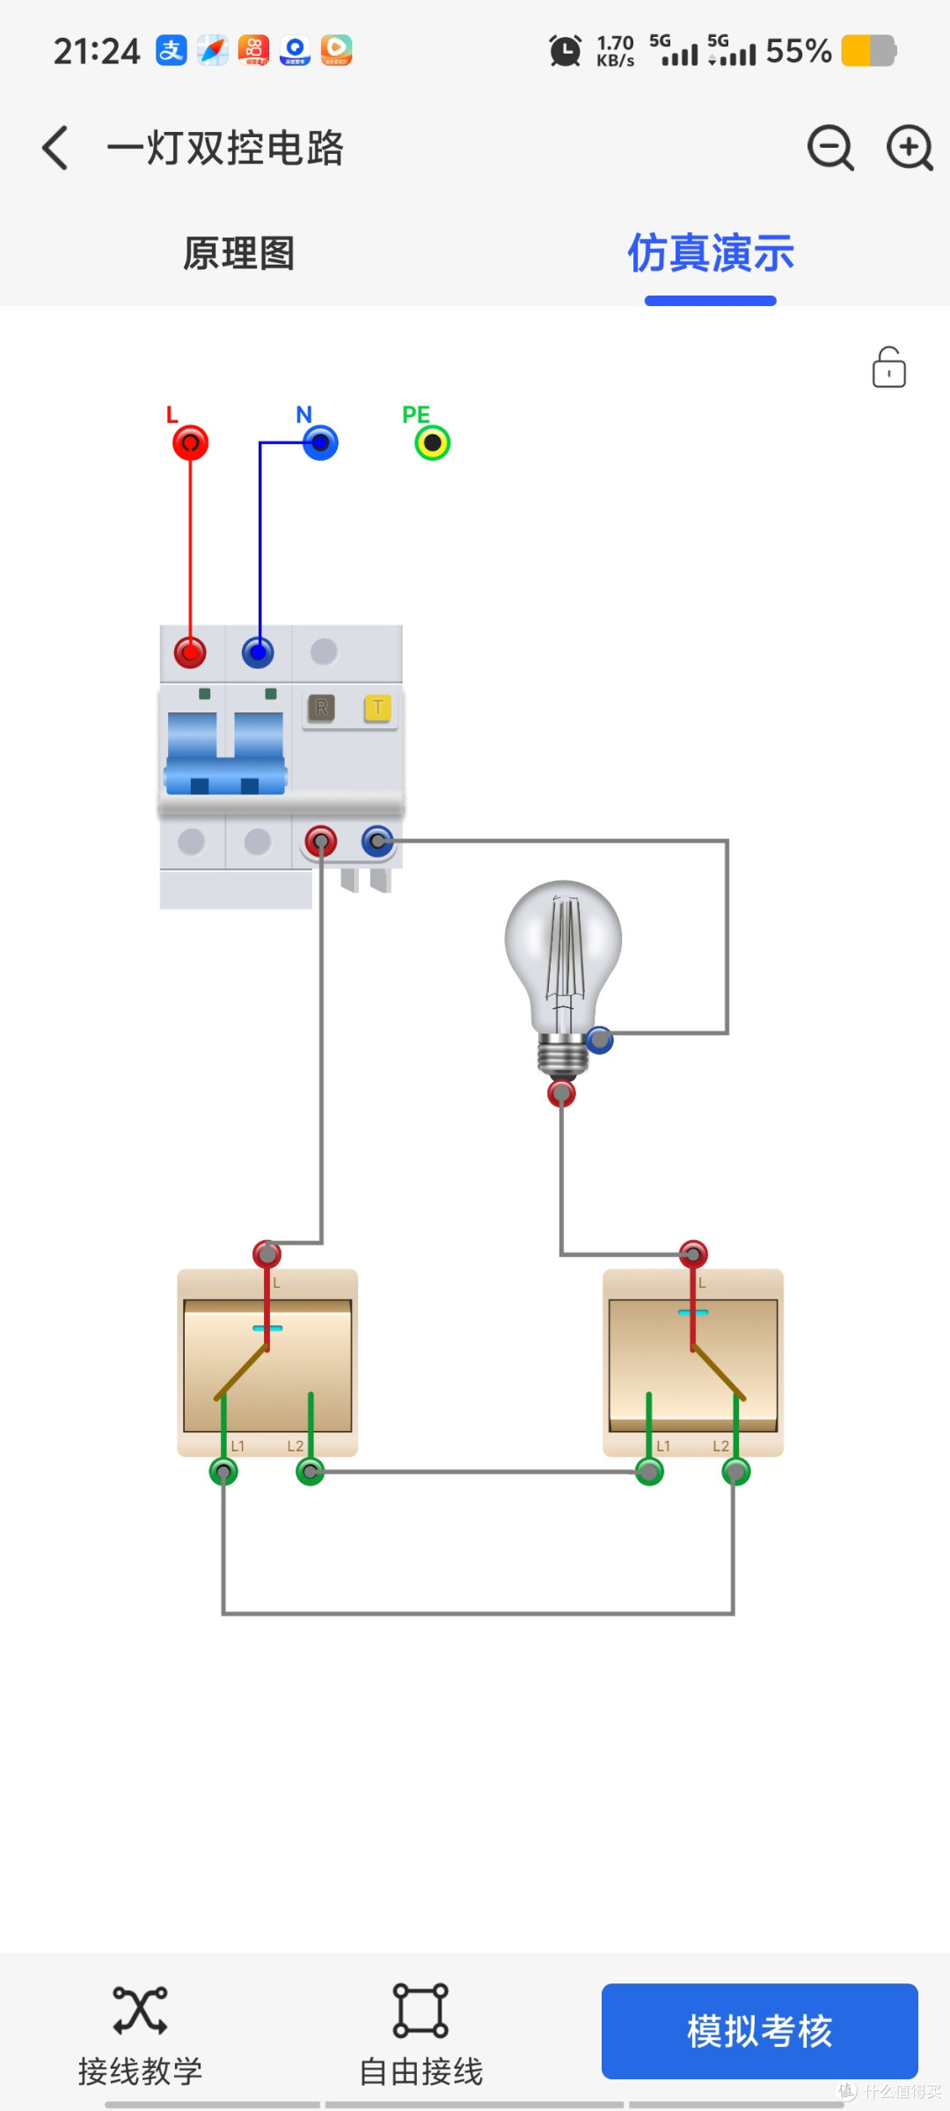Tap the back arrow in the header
tap(55, 147)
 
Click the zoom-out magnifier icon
tap(830, 147)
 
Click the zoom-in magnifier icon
tap(910, 147)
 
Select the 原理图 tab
tap(238, 253)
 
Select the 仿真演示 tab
tap(711, 253)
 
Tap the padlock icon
tap(889, 367)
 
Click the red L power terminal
tap(190, 442)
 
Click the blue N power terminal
tap(320, 442)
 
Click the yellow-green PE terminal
tap(433, 442)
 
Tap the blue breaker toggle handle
tap(226, 753)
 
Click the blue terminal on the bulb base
tap(600, 1041)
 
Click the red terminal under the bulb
tap(561, 1093)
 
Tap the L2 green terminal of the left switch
tap(310, 1472)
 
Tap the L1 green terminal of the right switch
tap(649, 1472)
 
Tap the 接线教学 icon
tap(140, 2010)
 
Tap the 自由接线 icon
tap(420, 2010)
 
